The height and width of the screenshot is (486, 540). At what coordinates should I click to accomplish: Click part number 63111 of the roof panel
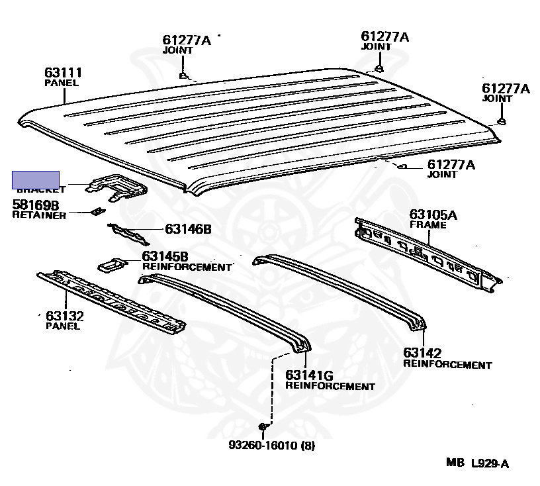pos(63,73)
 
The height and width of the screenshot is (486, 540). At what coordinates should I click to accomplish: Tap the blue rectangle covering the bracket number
pos(36,179)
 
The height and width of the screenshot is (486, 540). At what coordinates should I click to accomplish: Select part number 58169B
pos(35,205)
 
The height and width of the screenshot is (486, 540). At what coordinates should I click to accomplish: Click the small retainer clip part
pos(97,211)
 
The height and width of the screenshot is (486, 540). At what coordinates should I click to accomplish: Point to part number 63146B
pos(188,230)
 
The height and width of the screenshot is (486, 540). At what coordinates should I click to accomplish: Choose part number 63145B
pos(165,256)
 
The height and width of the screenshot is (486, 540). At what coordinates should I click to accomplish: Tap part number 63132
pos(64,316)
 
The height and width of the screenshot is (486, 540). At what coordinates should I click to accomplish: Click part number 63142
pos(422,354)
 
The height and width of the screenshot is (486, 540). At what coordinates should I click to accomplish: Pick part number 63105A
pos(433,215)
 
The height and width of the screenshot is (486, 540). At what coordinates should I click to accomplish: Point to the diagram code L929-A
pos(490,463)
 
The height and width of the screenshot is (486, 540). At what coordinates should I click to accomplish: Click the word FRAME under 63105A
pos(427,225)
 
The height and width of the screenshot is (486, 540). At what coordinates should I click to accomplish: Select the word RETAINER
pos(39,216)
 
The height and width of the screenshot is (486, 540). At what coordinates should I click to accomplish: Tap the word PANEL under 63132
pos(63,326)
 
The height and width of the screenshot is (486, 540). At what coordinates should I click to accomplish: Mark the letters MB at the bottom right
pos(455,463)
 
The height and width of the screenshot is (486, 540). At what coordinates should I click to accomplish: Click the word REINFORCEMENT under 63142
pos(447,365)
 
